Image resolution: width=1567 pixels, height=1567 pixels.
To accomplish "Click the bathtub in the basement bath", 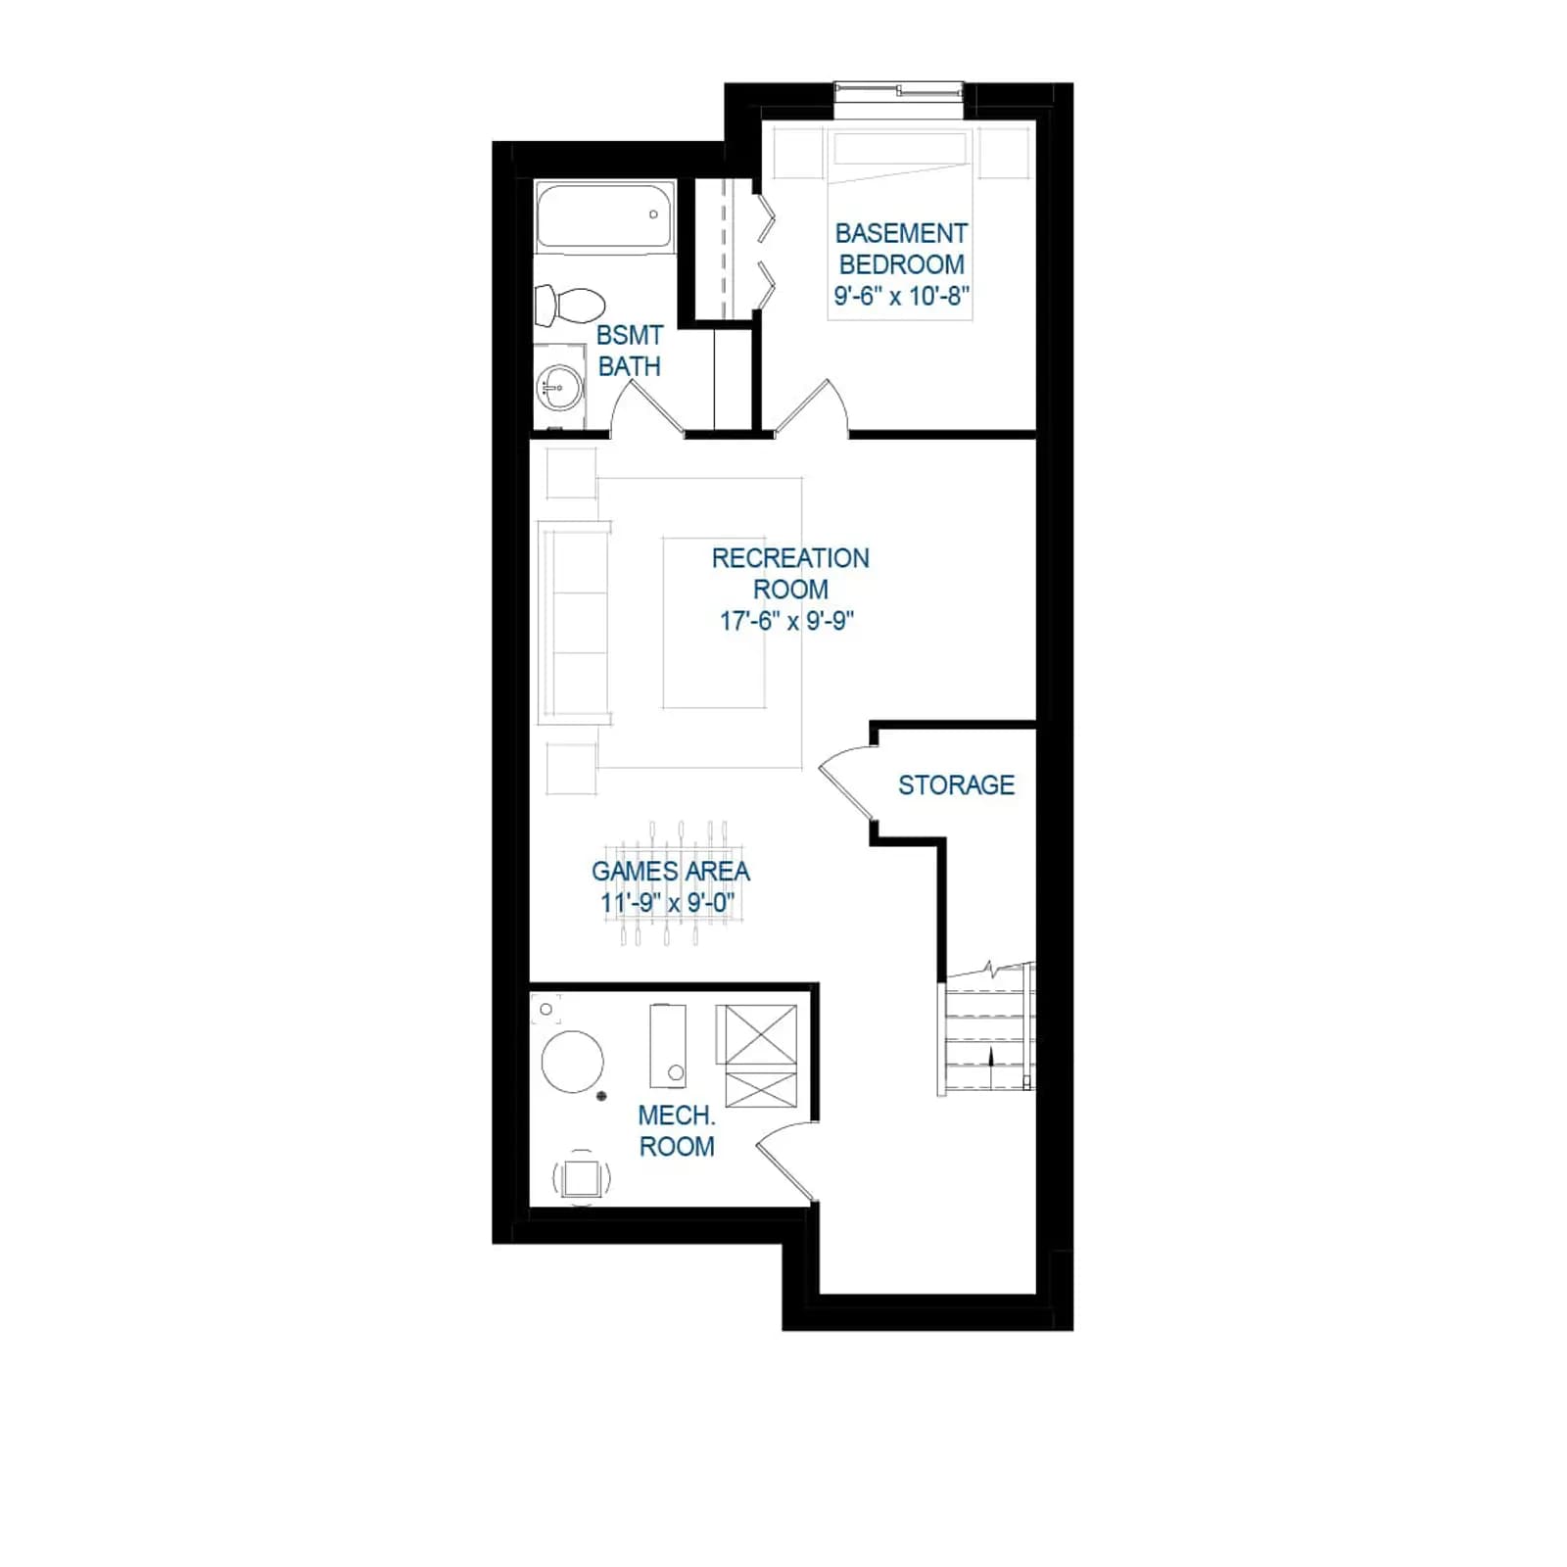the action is pyautogui.click(x=604, y=215).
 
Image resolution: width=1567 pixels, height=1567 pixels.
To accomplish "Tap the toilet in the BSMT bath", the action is pyautogui.click(x=569, y=306).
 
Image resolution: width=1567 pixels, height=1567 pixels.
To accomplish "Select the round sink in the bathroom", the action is pyautogui.click(x=560, y=387).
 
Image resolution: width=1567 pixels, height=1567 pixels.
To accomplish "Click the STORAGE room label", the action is pyautogui.click(x=956, y=784).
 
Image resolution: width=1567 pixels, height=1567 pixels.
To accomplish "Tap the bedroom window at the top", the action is pyautogui.click(x=899, y=91).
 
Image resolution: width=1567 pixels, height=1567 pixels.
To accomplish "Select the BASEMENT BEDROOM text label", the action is pyautogui.click(x=901, y=249).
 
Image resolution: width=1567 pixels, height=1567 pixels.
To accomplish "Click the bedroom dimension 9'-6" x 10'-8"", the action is pyautogui.click(x=901, y=295).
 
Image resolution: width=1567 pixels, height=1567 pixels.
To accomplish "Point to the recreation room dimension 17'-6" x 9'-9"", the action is pyautogui.click(x=787, y=620).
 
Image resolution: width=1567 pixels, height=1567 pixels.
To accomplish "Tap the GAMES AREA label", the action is pyautogui.click(x=671, y=871).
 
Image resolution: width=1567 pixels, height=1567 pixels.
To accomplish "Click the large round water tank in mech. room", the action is pyautogui.click(x=573, y=1062).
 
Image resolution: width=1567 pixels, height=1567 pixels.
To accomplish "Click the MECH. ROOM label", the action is pyautogui.click(x=677, y=1130).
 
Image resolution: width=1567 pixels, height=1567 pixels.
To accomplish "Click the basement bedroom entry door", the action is pyautogui.click(x=811, y=407).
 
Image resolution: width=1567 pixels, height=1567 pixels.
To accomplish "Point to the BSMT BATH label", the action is pyautogui.click(x=630, y=351).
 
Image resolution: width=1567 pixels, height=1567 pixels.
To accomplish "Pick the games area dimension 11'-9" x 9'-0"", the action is pyautogui.click(x=669, y=902).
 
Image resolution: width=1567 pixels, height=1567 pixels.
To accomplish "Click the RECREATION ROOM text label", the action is pyautogui.click(x=790, y=573).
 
